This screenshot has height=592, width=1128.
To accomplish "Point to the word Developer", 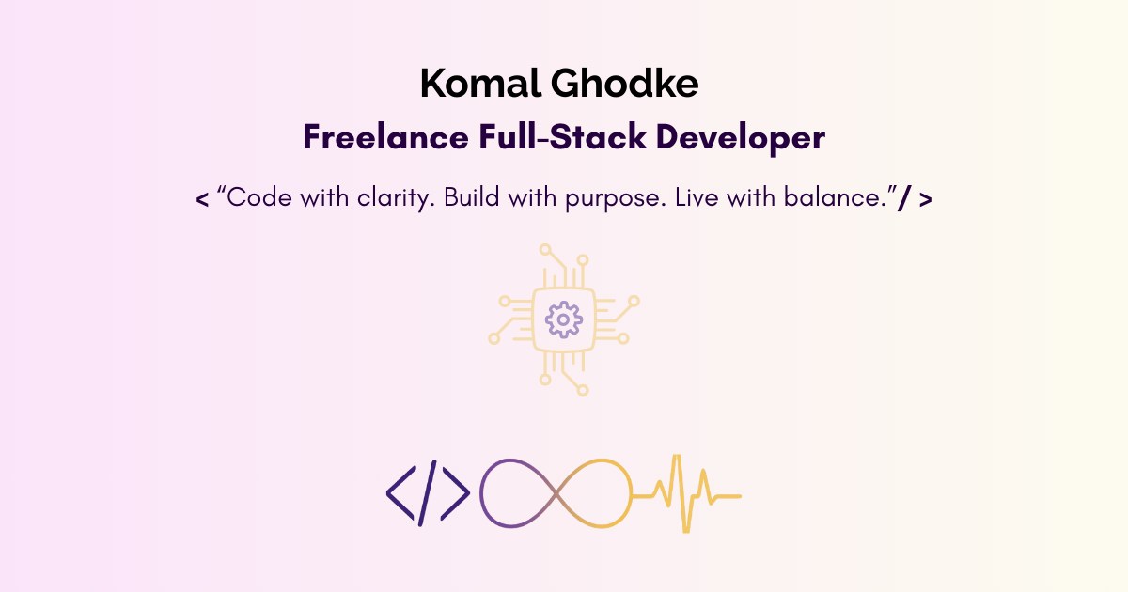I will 741,138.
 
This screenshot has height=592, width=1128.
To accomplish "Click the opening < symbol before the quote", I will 202,200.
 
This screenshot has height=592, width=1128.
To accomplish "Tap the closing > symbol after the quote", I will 926,200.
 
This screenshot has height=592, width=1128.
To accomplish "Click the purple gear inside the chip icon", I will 563,320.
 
